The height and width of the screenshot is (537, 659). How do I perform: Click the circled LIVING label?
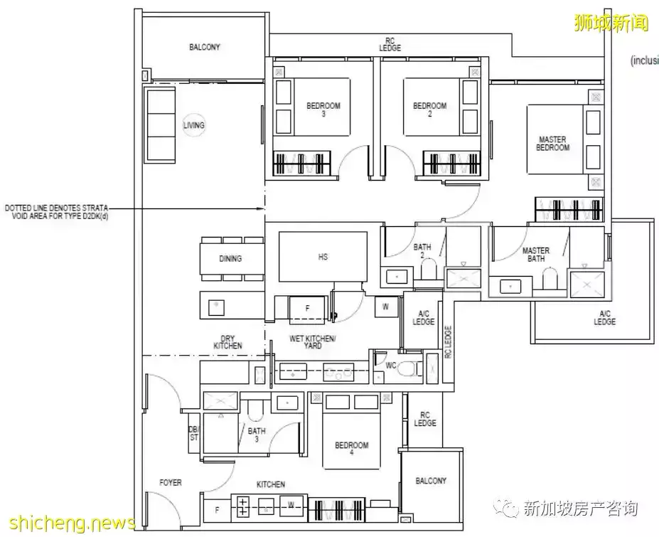(x=193, y=125)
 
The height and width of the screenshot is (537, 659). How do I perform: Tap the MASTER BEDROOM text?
(x=552, y=144)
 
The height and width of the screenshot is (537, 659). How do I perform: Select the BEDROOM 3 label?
(x=323, y=110)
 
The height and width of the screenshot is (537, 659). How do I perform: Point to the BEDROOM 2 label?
(x=429, y=110)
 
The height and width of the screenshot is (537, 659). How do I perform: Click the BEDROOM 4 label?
(x=352, y=450)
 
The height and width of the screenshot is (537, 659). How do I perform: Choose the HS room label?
(x=323, y=257)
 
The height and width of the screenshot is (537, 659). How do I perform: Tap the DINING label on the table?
(x=230, y=259)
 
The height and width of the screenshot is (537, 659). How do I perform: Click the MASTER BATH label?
(x=535, y=255)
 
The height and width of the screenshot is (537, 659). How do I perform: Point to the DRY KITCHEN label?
(x=227, y=341)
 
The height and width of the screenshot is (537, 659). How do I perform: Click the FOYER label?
(x=170, y=483)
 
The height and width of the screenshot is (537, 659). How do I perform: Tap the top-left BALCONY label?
(x=204, y=47)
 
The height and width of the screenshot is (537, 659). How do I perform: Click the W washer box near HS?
(x=385, y=307)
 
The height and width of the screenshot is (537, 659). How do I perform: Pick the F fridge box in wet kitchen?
(x=307, y=309)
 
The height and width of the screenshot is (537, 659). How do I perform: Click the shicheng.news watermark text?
(x=68, y=523)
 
